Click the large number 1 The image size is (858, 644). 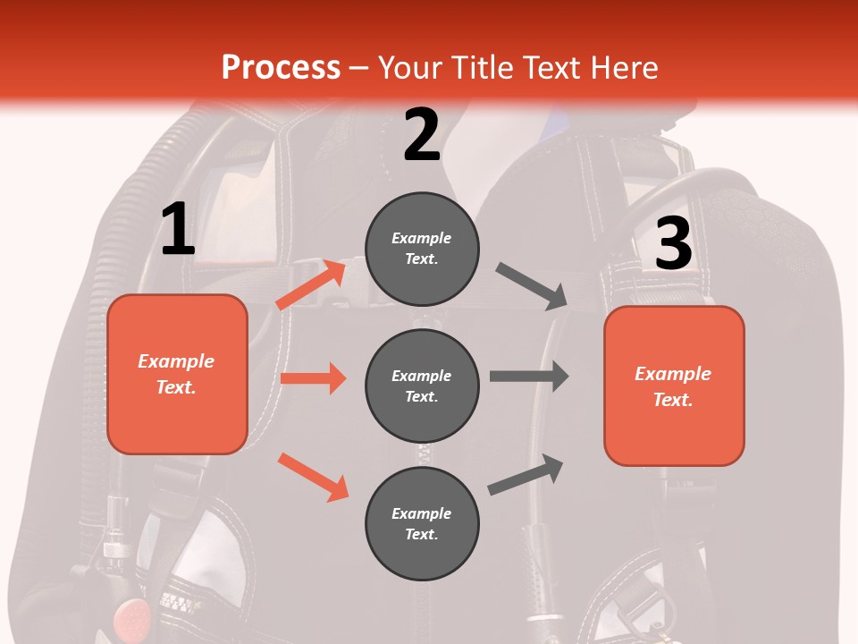pos(178,230)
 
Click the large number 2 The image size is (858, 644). pos(422,135)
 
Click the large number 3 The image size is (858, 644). pos(673,244)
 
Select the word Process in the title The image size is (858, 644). pos(281,67)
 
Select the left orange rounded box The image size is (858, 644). pos(177,374)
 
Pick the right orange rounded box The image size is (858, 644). pos(674,386)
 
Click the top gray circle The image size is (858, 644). pos(422,249)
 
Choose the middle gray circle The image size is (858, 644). pos(422,386)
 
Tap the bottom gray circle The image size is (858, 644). pos(422,523)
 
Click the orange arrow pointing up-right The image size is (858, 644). pos(312,284)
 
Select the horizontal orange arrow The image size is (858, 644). pos(313,378)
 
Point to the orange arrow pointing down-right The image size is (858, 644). pos(313,477)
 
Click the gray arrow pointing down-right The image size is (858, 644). pos(533,286)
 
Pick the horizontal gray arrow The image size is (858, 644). pos(529,376)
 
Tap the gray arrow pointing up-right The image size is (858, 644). pos(526,474)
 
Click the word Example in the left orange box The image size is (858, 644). pos(176,361)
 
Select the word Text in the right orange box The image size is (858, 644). pos(672,400)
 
